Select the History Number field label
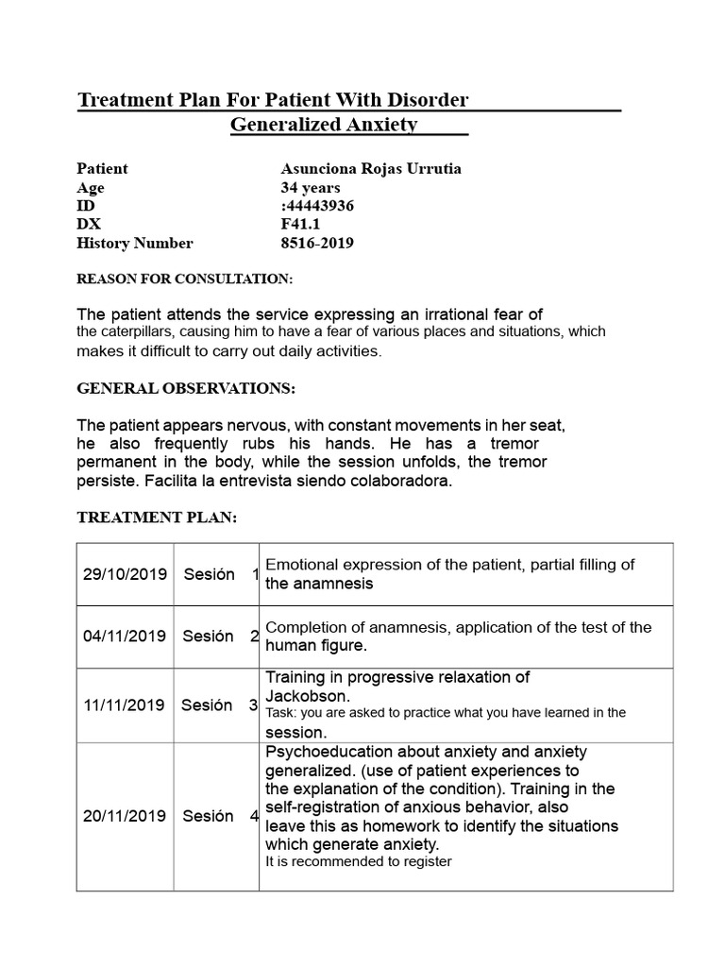[x=134, y=244]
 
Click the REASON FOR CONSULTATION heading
[x=184, y=280]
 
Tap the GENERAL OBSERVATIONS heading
[x=186, y=389]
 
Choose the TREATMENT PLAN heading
[x=156, y=517]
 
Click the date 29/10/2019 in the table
[x=124, y=574]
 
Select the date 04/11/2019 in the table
[x=124, y=636]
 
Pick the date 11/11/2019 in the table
[x=124, y=705]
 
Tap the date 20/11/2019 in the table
[x=124, y=816]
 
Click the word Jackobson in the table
[x=300, y=695]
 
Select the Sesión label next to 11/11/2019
[x=207, y=705]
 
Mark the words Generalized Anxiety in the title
[x=324, y=126]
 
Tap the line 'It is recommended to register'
[x=359, y=861]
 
